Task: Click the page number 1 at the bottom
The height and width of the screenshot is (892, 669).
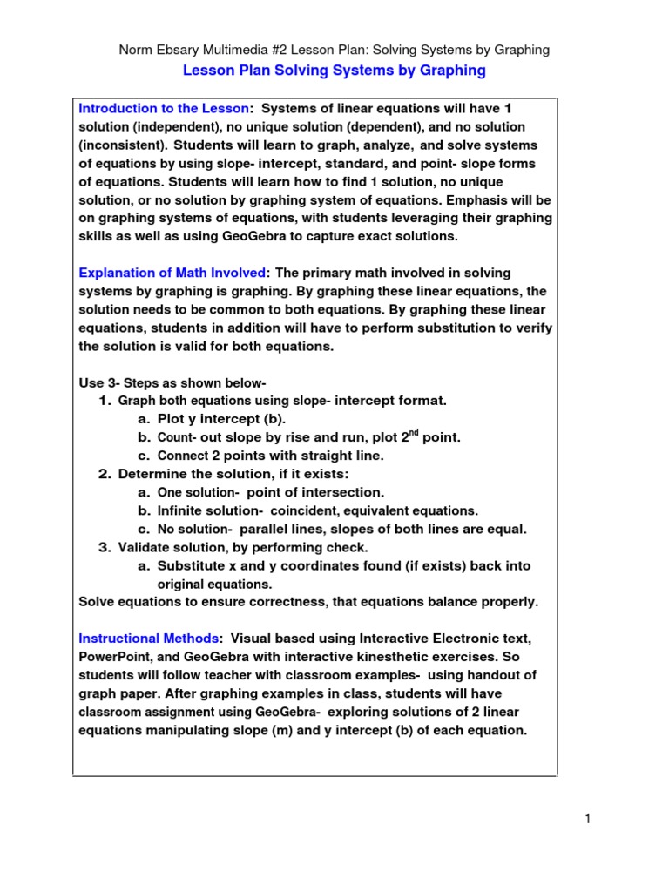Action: pos(589,818)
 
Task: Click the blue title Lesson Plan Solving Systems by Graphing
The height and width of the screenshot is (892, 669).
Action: pos(334,71)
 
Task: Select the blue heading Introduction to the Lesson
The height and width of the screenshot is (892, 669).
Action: pos(164,109)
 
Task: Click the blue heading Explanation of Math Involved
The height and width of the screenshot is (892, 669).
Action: pos(173,274)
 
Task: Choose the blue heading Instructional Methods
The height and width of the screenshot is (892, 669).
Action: pos(149,639)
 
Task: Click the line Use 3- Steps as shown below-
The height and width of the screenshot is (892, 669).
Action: pos(172,383)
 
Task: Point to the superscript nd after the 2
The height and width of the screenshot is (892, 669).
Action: pos(415,433)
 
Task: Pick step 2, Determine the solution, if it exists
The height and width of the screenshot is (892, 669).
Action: pos(233,474)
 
